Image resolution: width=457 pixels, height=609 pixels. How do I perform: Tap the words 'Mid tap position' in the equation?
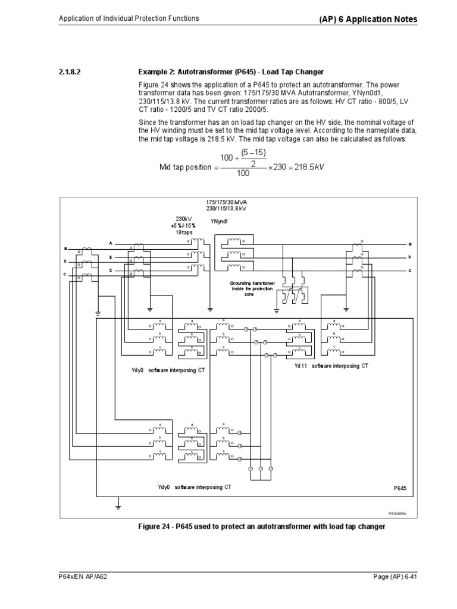pyautogui.click(x=185, y=167)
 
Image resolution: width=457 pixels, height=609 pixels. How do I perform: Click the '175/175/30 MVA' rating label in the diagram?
pyautogui.click(x=226, y=203)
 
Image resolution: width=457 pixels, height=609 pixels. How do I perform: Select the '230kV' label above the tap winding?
pyautogui.click(x=183, y=218)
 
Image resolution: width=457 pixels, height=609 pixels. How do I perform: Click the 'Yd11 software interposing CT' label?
pyautogui.click(x=331, y=366)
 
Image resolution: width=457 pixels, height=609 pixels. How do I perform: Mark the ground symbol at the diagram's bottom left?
pyautogui.click(x=118, y=506)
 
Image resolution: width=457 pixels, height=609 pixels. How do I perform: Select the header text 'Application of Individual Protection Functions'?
pyautogui.click(x=129, y=18)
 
